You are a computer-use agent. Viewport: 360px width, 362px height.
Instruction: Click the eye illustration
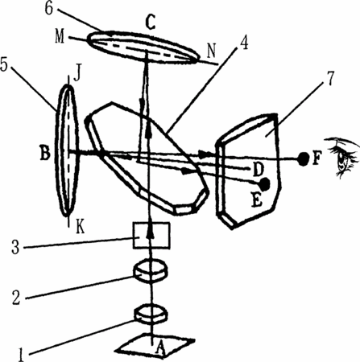point(342,156)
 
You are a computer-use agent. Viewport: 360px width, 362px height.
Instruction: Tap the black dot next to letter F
point(304,159)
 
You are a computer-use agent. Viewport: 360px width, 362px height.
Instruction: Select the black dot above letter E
point(265,184)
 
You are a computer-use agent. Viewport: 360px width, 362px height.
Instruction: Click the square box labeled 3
point(151,236)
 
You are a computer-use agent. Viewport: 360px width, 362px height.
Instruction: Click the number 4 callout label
point(243,43)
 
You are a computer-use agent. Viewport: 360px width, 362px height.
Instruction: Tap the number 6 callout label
point(48,8)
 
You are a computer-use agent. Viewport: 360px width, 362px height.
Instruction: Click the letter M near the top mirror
point(60,37)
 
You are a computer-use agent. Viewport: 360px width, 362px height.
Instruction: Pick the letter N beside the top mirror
point(212,51)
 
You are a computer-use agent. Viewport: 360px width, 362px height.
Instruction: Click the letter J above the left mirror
point(77,74)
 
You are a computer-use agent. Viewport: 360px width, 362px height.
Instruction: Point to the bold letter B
point(45,154)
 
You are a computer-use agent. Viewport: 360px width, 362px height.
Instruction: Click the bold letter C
point(151,23)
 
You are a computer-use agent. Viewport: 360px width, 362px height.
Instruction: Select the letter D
point(258,170)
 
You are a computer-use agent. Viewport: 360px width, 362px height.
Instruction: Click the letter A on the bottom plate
point(160,348)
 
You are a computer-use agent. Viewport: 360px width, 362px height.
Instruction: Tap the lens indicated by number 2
point(151,270)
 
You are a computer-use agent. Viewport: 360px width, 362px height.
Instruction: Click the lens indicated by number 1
point(151,314)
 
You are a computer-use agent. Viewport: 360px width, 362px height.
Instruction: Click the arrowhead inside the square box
point(151,232)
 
